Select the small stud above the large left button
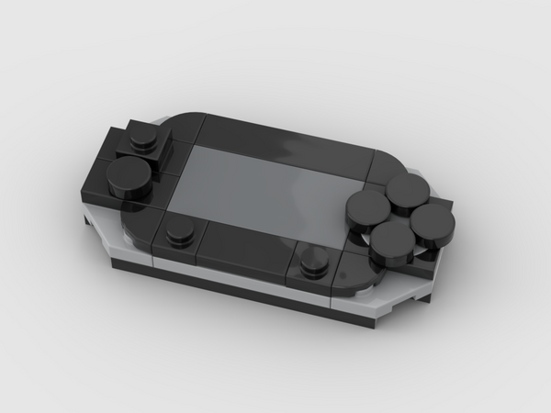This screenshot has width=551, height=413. click(142, 138)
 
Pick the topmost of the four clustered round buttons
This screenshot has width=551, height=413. click(403, 189)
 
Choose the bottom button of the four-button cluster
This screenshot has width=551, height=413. click(392, 240)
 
